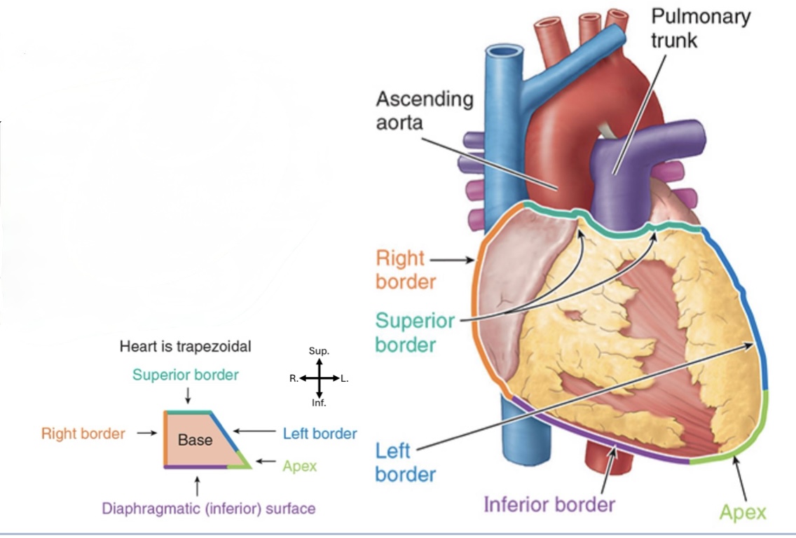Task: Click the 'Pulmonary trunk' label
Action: pyautogui.click(x=700, y=28)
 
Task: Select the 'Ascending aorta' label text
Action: pyautogui.click(x=425, y=110)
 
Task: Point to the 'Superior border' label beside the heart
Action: pyautogui.click(x=415, y=333)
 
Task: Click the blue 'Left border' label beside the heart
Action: pyautogui.click(x=405, y=462)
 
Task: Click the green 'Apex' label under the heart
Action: pyautogui.click(x=743, y=512)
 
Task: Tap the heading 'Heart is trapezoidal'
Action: pyautogui.click(x=185, y=346)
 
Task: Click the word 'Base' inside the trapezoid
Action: pyautogui.click(x=195, y=441)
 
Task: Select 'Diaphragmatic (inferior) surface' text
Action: pyautogui.click(x=208, y=509)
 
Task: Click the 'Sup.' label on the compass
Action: pyautogui.click(x=319, y=350)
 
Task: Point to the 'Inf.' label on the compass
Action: pyautogui.click(x=319, y=403)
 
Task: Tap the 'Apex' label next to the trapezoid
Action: pyautogui.click(x=300, y=466)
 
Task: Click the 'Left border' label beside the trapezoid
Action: pyautogui.click(x=320, y=434)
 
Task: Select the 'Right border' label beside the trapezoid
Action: pyautogui.click(x=83, y=434)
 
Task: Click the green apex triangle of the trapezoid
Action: pyautogui.click(x=244, y=461)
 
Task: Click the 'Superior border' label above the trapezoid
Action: pyautogui.click(x=185, y=375)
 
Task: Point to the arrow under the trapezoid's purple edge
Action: pyautogui.click(x=198, y=485)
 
